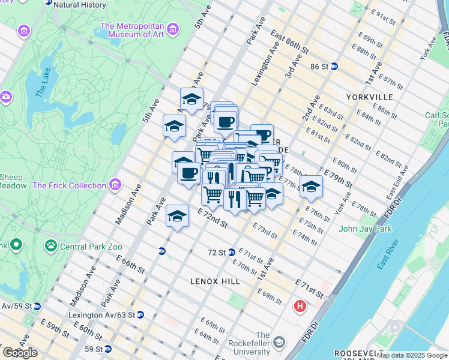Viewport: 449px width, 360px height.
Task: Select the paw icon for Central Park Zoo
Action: (x=51, y=245)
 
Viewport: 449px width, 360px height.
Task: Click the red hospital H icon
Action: (x=300, y=307)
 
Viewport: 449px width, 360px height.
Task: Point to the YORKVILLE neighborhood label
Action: (x=369, y=97)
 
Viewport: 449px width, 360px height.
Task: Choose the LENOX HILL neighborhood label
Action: (x=215, y=281)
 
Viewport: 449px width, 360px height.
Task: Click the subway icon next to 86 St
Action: (x=334, y=67)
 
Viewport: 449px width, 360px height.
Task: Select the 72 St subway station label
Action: (x=216, y=253)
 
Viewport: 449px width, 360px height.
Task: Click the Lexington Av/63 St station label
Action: (x=102, y=314)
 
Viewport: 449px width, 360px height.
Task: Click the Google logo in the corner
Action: (x=20, y=353)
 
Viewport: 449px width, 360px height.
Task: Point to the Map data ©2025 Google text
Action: (x=412, y=355)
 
